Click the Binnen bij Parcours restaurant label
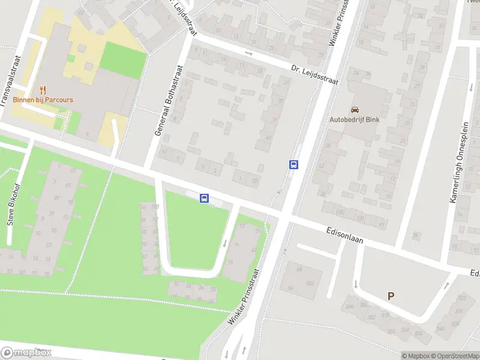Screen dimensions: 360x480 pos(43,100)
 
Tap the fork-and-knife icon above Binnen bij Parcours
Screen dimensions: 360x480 pos(43,89)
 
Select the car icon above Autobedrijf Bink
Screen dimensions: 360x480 pos(355,110)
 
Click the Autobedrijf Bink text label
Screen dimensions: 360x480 pos(355,119)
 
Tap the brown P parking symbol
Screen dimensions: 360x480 pos(391,296)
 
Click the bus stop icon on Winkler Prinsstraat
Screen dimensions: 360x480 pos(293,164)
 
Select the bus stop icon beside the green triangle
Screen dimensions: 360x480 pos(205,198)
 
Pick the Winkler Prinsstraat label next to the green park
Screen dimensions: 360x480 pos(243,297)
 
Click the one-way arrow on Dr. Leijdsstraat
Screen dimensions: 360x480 pos(247,53)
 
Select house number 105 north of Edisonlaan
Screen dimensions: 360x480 pos(340,212)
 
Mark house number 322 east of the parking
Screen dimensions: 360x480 pos(462,298)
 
